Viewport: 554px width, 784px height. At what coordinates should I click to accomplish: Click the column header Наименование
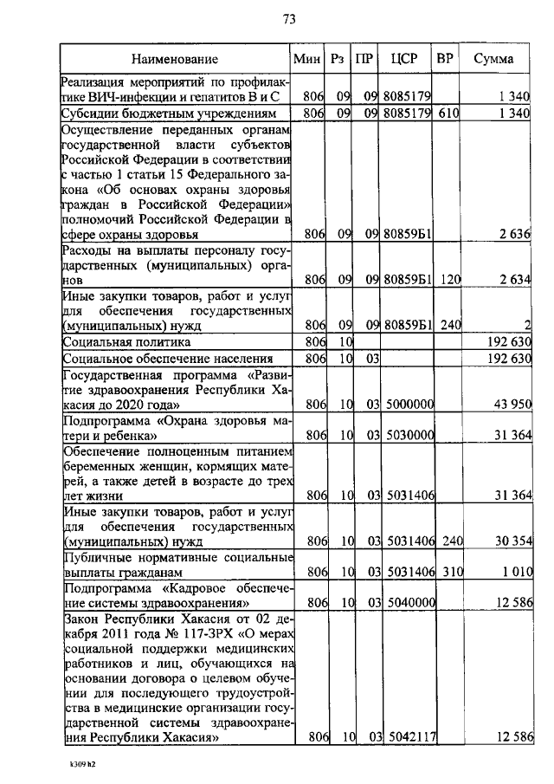click(x=175, y=60)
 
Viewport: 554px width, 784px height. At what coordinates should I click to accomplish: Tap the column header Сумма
click(x=494, y=60)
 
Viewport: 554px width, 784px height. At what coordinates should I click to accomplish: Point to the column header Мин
click(x=307, y=60)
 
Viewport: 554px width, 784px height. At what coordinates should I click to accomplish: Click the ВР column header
click(x=445, y=60)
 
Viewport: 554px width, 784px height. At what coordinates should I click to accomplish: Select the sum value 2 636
click(x=512, y=234)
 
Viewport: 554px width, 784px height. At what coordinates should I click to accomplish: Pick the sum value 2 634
click(x=512, y=281)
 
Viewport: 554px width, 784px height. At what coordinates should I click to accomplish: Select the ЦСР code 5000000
click(x=408, y=405)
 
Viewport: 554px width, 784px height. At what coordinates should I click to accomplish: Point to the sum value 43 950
click(x=509, y=405)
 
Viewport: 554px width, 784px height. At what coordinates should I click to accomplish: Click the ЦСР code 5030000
click(x=408, y=436)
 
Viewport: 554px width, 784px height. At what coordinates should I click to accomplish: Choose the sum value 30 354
click(x=509, y=541)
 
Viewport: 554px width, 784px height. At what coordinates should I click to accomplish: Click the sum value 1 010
click(x=512, y=572)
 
